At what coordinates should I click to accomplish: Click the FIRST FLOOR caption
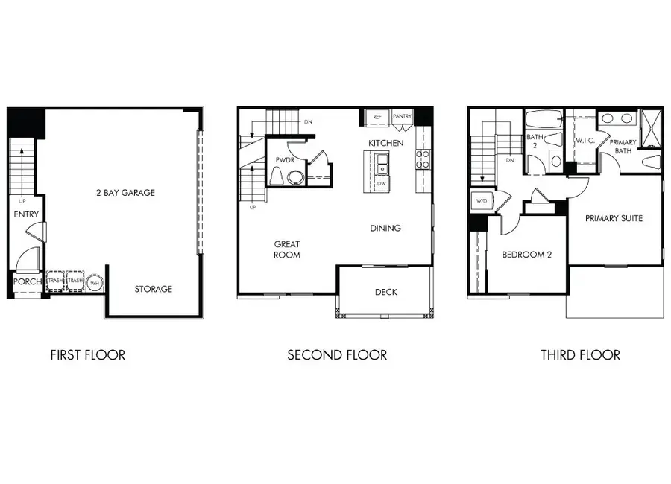[88, 355]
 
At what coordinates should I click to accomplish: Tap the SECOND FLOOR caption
[337, 355]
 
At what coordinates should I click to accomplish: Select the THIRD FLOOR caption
[580, 355]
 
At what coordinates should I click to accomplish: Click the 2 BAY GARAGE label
[125, 193]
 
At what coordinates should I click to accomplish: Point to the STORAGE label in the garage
[154, 289]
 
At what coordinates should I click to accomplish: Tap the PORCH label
[28, 282]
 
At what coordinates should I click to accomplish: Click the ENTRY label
[26, 215]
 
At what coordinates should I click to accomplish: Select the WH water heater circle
[95, 283]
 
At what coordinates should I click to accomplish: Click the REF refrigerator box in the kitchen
[377, 118]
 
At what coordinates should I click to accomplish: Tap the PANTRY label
[403, 118]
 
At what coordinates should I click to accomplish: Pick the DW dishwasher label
[381, 183]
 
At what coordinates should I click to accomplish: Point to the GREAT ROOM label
[287, 249]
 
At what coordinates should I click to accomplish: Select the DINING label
[385, 228]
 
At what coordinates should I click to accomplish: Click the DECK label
[385, 293]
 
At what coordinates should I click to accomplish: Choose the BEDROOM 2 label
[526, 255]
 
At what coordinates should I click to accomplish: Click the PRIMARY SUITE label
[614, 218]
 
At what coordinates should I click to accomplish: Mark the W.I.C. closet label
[583, 140]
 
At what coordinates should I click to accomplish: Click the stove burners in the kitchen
[423, 158]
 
